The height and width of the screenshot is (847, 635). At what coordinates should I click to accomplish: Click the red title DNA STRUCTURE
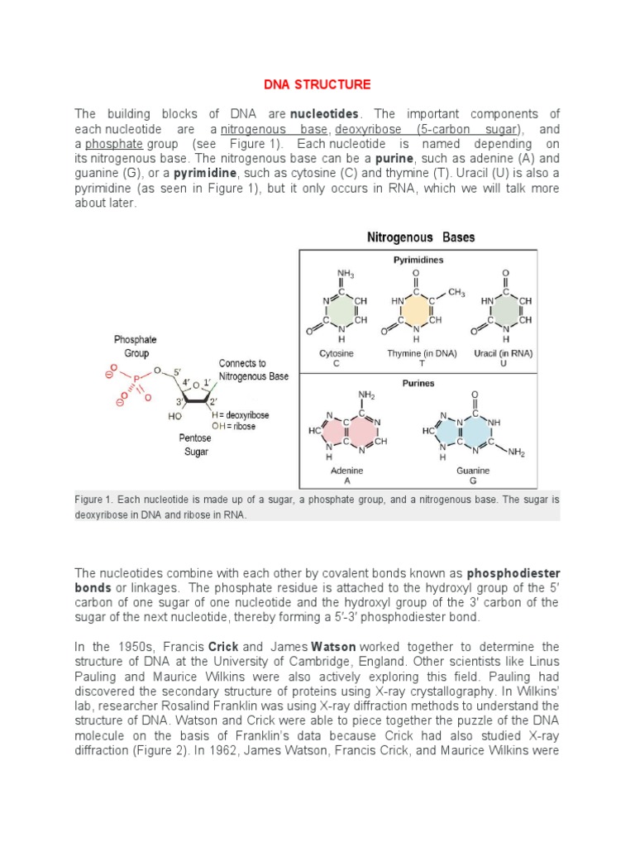click(317, 84)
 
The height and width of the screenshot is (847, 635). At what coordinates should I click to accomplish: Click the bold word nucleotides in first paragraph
click(330, 113)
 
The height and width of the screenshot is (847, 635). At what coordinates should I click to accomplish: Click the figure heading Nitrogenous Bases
click(421, 237)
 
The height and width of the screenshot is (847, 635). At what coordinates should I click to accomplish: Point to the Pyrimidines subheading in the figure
click(418, 259)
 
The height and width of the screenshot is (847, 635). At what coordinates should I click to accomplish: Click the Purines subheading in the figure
click(418, 383)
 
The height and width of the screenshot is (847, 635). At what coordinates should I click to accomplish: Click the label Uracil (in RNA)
click(505, 353)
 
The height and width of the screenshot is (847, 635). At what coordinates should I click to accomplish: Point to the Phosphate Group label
click(135, 346)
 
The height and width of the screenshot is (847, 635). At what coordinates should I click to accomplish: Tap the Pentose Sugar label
click(195, 445)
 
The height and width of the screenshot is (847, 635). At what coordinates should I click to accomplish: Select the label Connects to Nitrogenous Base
click(253, 370)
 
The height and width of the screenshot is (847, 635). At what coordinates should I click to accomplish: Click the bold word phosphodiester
click(513, 572)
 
